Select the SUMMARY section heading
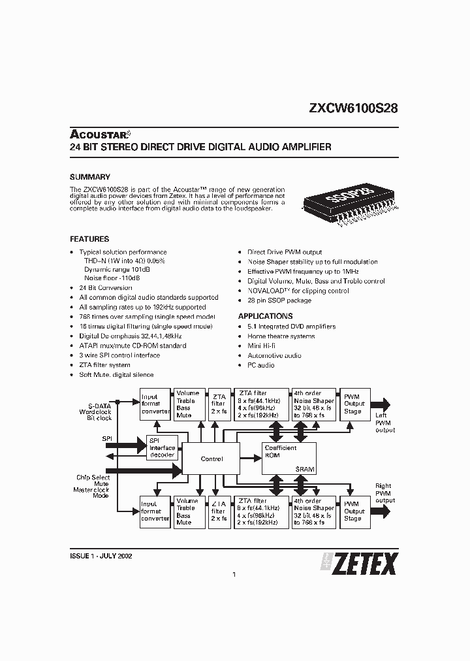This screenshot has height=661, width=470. pos(89,177)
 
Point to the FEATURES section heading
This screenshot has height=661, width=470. pos(89,239)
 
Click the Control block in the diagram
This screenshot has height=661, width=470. pos(211,459)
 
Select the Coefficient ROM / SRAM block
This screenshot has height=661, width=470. pos(289,459)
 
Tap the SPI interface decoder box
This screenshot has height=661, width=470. pos(163,447)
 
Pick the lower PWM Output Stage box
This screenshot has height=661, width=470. pos(354,512)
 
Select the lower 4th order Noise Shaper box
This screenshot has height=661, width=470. pos(314,512)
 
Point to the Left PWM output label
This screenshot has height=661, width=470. pos(384,422)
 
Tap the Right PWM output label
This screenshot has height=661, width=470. pos(384,493)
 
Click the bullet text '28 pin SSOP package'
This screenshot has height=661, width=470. pos(279,300)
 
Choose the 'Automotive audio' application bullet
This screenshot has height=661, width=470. pos(274,355)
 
